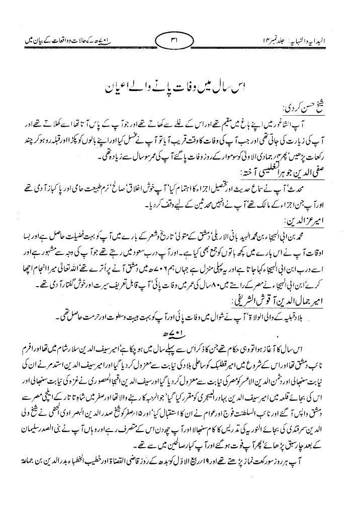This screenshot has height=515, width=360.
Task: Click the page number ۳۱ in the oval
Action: pos(179,39)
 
